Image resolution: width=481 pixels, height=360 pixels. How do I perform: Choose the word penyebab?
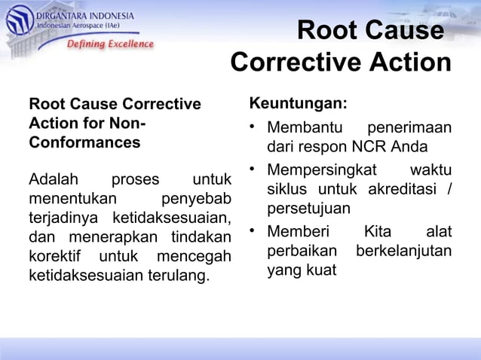click(195, 200)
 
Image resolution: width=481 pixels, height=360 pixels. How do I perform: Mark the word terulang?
click(178, 276)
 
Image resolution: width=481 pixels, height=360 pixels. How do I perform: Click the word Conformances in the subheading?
click(84, 142)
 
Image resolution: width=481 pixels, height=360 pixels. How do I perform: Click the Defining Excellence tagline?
click(110, 44)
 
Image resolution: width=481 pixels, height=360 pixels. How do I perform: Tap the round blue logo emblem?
click(19, 20)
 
